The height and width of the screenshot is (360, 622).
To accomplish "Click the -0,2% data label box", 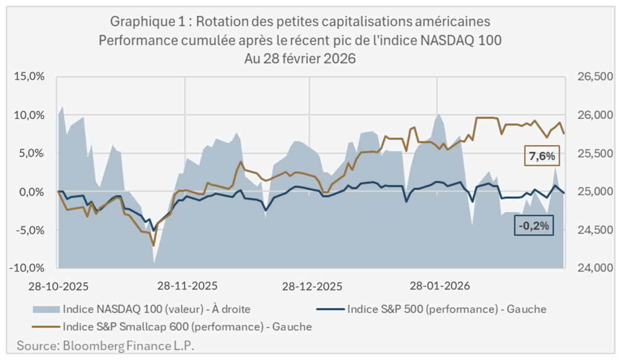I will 534,225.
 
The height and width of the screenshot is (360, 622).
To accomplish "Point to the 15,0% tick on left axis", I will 30,77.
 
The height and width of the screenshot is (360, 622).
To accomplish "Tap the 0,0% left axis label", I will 32,192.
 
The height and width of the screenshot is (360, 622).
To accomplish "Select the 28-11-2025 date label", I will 187,286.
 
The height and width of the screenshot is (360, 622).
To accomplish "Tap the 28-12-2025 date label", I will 311,286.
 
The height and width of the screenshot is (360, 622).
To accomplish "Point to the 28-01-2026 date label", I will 440,286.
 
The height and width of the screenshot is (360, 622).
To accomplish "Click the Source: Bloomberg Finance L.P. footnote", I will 109,346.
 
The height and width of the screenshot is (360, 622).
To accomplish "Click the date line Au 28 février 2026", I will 300,59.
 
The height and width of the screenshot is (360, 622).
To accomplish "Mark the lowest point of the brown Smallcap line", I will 154,246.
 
